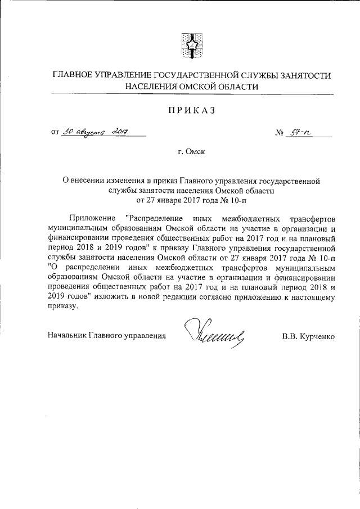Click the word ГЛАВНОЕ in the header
73,75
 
